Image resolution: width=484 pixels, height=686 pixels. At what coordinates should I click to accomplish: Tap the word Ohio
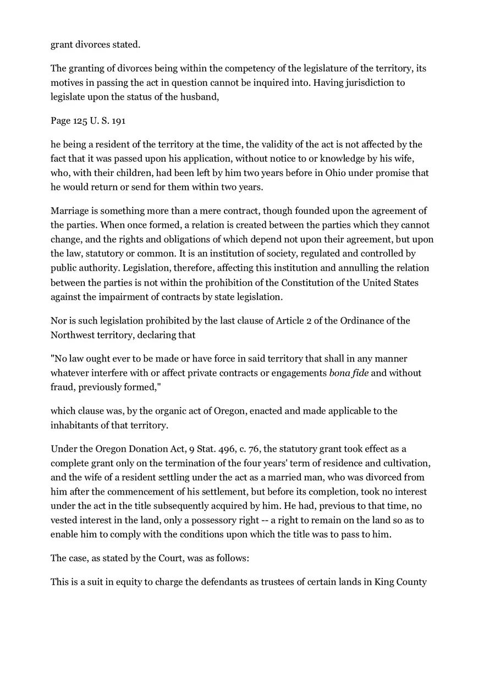[x=337, y=173]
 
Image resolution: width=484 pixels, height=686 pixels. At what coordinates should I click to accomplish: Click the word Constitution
[x=311, y=283]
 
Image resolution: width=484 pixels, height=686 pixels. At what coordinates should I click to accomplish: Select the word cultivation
[x=404, y=463]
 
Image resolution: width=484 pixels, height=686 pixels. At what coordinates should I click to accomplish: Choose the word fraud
[x=63, y=387]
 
